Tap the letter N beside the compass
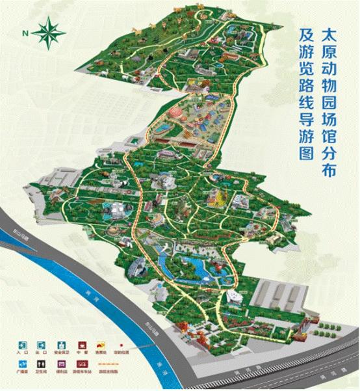click(x=25, y=33)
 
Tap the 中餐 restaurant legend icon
click(x=83, y=345)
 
